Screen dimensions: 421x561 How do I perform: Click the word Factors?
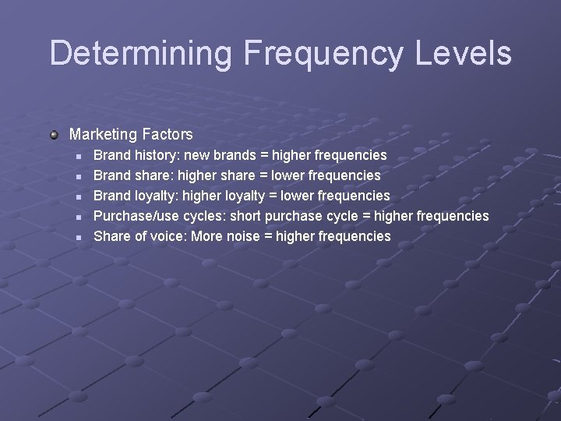click(x=168, y=135)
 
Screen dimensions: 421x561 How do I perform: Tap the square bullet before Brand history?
click(x=78, y=156)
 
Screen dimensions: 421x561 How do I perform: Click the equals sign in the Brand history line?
click(x=261, y=156)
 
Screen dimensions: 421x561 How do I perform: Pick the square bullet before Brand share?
click(x=78, y=176)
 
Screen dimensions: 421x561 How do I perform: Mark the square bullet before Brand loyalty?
click(x=78, y=196)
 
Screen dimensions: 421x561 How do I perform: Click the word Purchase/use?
click(x=136, y=215)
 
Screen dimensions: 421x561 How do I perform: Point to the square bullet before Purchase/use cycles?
click(x=78, y=217)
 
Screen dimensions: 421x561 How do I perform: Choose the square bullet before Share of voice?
click(x=78, y=237)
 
